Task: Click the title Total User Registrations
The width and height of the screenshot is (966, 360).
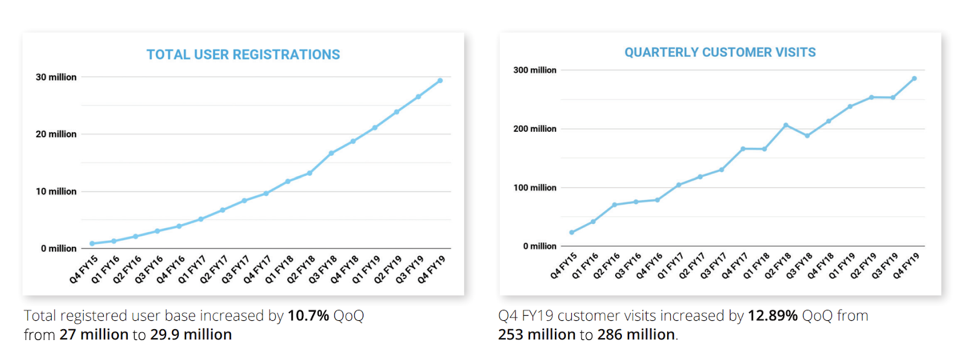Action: [x=243, y=55]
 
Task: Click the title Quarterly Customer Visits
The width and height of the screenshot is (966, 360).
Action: [x=720, y=53]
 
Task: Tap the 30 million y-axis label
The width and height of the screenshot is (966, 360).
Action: [x=56, y=77]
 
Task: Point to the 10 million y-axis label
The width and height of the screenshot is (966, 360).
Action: [x=56, y=191]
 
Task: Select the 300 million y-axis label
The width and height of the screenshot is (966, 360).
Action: [x=535, y=70]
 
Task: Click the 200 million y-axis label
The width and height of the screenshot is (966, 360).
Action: [x=535, y=129]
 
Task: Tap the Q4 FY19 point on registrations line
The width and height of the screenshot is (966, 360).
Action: [x=440, y=80]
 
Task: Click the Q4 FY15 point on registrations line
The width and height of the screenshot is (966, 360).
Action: [x=92, y=243]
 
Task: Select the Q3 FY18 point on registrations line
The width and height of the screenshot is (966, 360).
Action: [x=331, y=153]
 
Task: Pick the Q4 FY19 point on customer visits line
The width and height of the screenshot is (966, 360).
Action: [x=914, y=79]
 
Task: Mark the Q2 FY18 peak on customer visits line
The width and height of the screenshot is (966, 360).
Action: [x=785, y=126]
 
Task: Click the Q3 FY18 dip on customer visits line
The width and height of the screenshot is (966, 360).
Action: [x=807, y=136]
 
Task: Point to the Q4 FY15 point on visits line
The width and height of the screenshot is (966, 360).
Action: [x=572, y=233]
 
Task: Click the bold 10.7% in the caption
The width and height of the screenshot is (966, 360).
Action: [x=308, y=316]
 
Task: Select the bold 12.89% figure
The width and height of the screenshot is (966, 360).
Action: [x=772, y=316]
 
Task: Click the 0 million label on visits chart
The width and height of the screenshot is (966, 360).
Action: [x=540, y=246]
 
